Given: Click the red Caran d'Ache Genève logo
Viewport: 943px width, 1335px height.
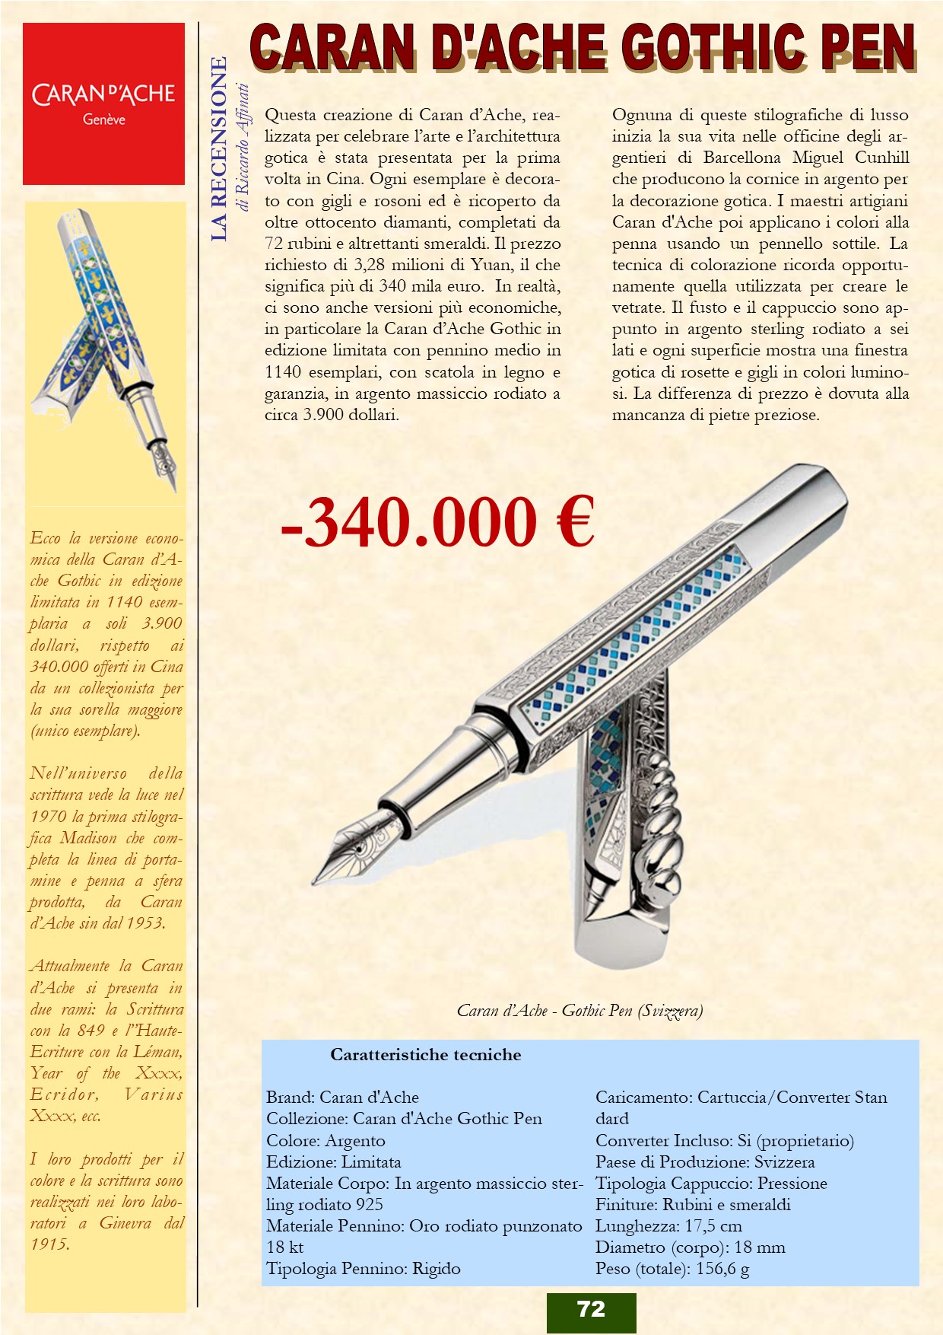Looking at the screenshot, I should click(103, 104).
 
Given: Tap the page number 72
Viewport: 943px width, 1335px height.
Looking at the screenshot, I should click(591, 1309).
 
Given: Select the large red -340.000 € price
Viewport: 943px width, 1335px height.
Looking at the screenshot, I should click(437, 522).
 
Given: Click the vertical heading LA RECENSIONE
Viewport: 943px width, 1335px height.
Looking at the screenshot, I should click(219, 148).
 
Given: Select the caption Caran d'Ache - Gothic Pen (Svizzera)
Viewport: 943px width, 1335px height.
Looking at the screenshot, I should click(579, 1011).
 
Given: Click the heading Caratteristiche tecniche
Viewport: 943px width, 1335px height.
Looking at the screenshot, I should click(425, 1055).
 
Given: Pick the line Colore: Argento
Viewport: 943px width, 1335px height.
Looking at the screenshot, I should click(325, 1141).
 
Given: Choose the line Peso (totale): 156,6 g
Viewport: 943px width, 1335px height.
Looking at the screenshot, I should click(672, 1269).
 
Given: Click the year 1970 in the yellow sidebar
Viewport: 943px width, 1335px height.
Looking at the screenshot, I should click(49, 817).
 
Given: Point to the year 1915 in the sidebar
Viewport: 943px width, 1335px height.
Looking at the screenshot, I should click(49, 1244).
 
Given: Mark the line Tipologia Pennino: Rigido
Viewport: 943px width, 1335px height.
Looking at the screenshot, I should click(364, 1269).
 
